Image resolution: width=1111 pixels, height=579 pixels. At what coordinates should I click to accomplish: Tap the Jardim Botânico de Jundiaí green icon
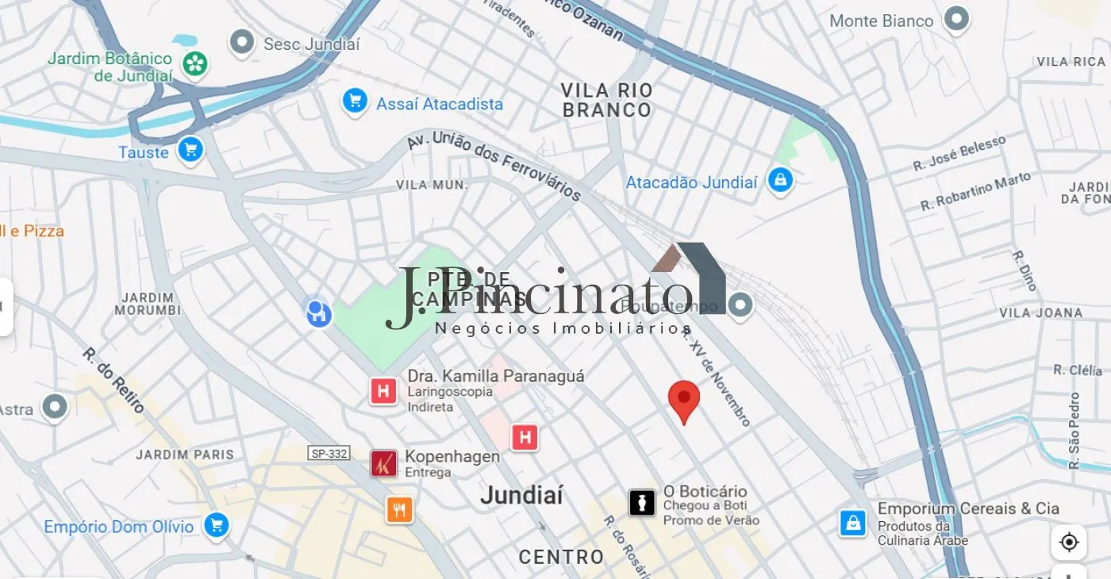point(194,63)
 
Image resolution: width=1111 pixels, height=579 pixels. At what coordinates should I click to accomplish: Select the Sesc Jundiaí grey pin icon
point(241,43)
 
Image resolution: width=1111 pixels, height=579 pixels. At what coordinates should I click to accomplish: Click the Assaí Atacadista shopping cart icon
point(354,102)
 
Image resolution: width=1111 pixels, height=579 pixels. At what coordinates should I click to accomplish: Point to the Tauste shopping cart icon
point(190,149)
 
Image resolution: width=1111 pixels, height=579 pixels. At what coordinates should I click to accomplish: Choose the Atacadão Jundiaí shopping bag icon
point(780,181)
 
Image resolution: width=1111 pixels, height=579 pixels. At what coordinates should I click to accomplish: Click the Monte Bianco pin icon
point(957,19)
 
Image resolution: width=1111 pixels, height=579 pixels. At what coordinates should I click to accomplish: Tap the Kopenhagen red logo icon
point(384,463)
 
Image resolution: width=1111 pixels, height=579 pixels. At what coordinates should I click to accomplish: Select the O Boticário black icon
point(642,501)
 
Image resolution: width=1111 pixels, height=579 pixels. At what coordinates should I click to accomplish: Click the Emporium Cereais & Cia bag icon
point(852,523)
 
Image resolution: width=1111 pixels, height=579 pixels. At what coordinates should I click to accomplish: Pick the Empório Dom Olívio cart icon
point(216,524)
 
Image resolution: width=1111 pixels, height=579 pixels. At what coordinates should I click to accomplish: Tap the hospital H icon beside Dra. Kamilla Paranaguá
point(383,390)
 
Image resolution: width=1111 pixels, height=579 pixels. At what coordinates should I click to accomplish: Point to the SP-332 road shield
point(329,453)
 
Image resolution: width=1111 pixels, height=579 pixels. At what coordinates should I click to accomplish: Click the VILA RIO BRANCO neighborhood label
point(607,100)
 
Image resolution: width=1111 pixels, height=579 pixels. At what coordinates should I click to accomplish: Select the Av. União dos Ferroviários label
point(494,166)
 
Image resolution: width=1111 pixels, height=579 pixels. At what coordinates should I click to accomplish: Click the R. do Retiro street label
point(113,380)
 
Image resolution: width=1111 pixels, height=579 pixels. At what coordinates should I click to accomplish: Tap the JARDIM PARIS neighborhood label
point(185,454)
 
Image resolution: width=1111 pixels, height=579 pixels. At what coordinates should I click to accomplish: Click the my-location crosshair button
point(1068,543)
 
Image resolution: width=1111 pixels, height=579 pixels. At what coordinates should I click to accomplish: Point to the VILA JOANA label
point(1040,313)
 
